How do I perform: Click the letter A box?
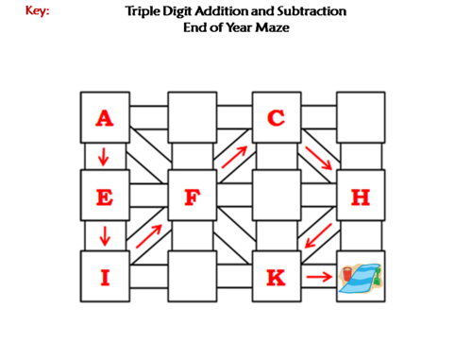click(x=104, y=118)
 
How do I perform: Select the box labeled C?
click(x=276, y=118)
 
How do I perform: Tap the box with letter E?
click(x=104, y=197)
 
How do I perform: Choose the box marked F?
click(x=192, y=197)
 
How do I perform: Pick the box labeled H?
click(x=360, y=197)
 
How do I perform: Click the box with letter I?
click(x=104, y=277)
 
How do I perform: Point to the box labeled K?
click(x=276, y=277)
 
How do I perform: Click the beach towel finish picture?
click(x=360, y=277)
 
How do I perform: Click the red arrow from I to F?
click(x=149, y=236)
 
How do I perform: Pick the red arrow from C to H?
click(x=318, y=158)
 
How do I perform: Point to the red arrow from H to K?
click(x=318, y=236)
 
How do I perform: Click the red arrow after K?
click(x=319, y=277)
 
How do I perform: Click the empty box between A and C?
click(x=192, y=118)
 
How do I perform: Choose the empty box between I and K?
click(x=192, y=277)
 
